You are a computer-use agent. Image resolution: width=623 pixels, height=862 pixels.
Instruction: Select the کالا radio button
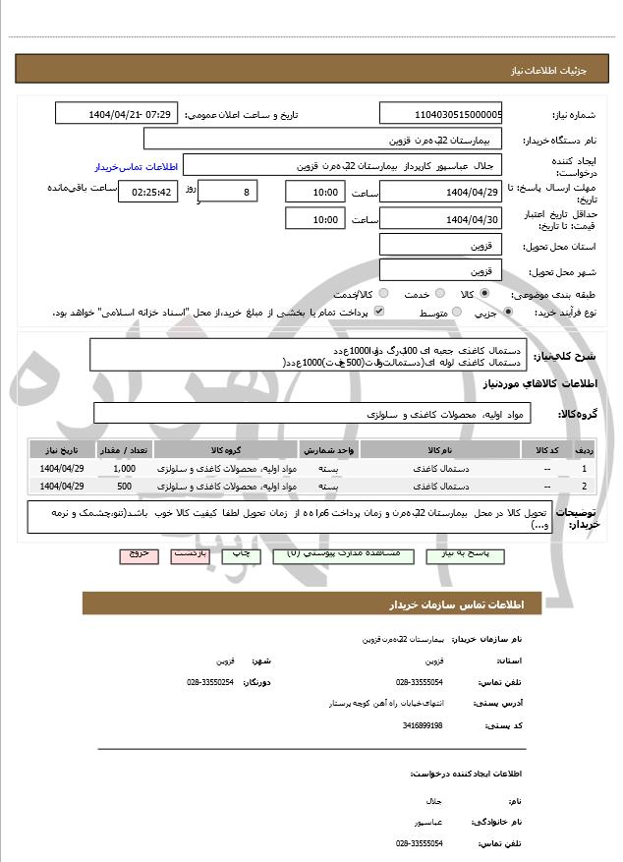(x=483, y=293)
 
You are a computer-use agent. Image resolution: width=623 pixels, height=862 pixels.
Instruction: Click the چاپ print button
(x=240, y=554)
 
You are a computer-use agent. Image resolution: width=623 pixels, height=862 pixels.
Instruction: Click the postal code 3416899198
(x=423, y=725)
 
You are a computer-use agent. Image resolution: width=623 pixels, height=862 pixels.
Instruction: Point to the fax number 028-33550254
(x=210, y=682)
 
